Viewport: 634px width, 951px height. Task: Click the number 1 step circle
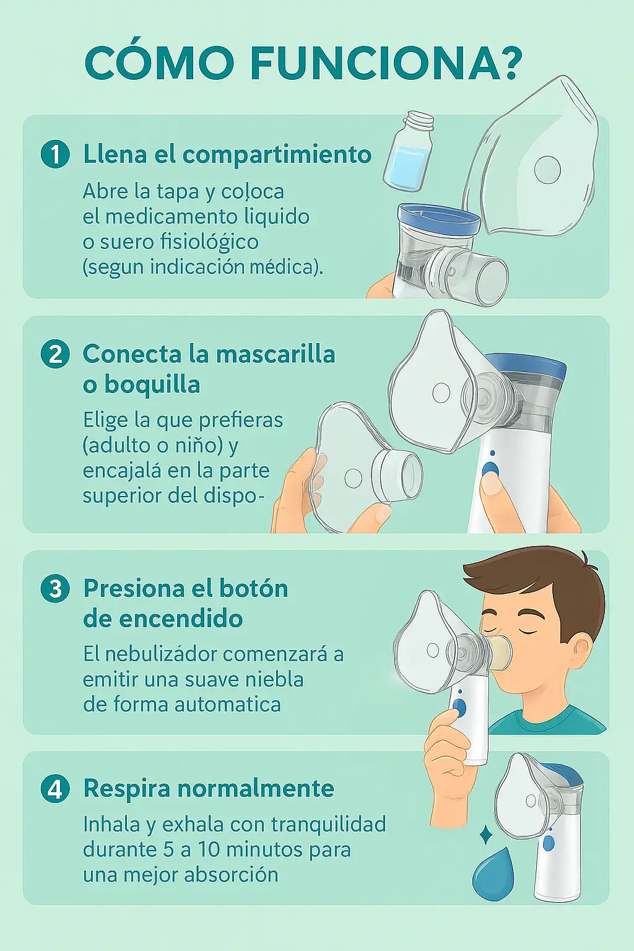tap(55, 155)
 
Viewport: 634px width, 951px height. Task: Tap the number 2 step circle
tap(55, 354)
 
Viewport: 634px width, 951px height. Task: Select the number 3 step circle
tap(55, 589)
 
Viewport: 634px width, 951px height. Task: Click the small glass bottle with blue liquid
tap(409, 150)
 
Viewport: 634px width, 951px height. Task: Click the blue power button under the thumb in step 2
tap(490, 469)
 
